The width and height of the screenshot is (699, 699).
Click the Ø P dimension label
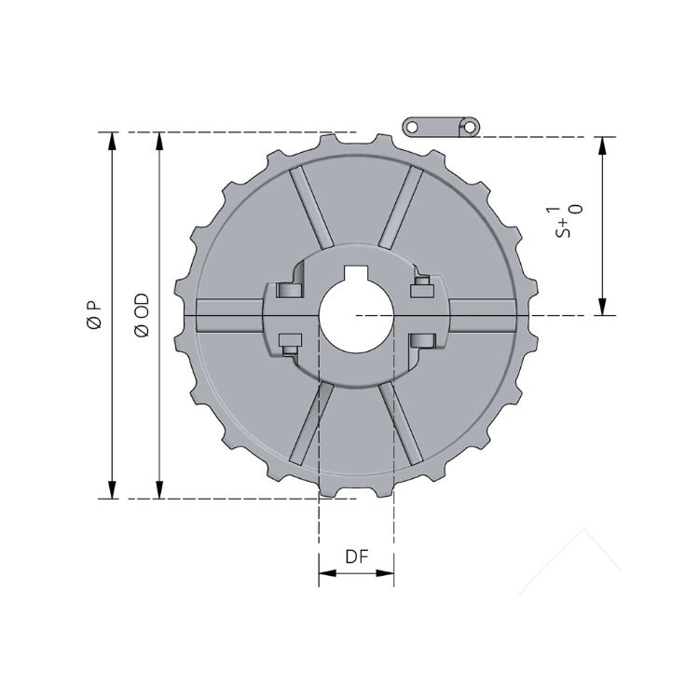[x=93, y=315]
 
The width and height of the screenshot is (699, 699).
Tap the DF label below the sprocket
[x=356, y=557]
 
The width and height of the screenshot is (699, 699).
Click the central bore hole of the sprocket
[x=356, y=315]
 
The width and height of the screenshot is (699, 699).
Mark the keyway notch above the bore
[x=356, y=275]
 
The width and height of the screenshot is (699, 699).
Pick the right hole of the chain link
[x=472, y=126]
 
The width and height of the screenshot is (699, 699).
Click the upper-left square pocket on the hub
[x=287, y=287]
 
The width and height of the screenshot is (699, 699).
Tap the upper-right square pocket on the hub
[x=421, y=282]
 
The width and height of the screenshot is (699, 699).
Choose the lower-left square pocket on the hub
[x=288, y=342]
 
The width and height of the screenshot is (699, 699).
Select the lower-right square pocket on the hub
[x=422, y=340]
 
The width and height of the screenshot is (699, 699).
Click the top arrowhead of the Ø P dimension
[x=113, y=141]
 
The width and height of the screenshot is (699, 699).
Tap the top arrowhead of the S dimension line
[x=603, y=145]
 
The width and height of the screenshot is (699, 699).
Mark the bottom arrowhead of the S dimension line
[x=603, y=307]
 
